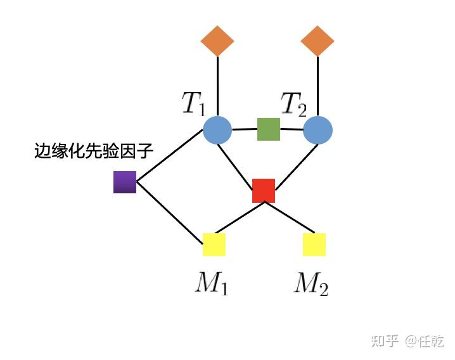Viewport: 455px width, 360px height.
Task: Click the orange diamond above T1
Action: pos(217,41)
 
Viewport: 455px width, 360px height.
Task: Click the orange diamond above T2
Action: pos(317,41)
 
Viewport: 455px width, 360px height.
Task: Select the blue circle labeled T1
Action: pos(217,130)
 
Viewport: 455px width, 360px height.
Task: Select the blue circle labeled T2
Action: pos(317,130)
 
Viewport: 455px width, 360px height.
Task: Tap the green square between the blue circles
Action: pos(269,129)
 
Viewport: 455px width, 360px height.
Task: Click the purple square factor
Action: pos(125,182)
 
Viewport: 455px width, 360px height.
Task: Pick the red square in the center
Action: pos(264,190)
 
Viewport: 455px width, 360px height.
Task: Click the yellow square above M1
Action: pos(214,245)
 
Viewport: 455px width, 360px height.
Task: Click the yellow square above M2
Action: pos(314,245)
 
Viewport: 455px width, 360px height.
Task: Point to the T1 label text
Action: pos(193,103)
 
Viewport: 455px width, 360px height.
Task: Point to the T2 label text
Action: pos(293,105)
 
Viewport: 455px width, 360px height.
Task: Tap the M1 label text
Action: pos(212,283)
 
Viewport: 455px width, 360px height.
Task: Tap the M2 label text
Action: pos(311,284)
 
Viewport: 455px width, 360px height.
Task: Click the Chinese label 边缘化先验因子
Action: pos(93,151)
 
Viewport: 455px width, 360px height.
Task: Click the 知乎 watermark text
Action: pos(385,341)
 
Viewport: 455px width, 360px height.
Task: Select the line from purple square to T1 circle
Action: pos(169,156)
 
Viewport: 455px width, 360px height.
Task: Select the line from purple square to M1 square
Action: pos(169,213)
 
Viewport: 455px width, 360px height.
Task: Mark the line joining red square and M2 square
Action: pos(290,217)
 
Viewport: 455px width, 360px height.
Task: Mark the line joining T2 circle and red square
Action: pos(297,167)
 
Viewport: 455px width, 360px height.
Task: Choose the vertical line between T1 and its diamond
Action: pos(217,86)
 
